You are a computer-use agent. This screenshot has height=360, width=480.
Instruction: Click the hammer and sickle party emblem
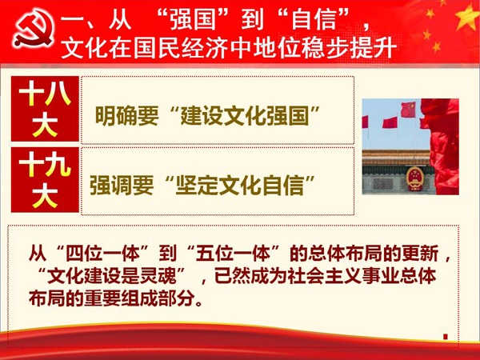[34, 28]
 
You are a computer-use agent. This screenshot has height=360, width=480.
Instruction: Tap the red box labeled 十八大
[45, 109]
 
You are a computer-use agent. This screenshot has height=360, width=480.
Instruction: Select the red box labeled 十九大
[45, 180]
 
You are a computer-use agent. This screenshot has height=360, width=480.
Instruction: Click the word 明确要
[126, 116]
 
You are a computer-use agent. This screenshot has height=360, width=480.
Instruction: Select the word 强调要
[122, 186]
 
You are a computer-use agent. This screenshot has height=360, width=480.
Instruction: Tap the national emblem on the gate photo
[414, 178]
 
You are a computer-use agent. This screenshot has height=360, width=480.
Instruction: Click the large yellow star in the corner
[468, 16]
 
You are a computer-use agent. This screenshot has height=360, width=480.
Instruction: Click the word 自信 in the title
[314, 19]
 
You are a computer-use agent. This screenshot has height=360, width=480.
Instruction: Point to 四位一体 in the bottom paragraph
[103, 254]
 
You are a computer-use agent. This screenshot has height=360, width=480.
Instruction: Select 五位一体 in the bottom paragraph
[233, 254]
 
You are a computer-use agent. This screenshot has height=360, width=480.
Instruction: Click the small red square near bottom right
[446, 337]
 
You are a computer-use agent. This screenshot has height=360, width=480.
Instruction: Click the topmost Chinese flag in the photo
[408, 110]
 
